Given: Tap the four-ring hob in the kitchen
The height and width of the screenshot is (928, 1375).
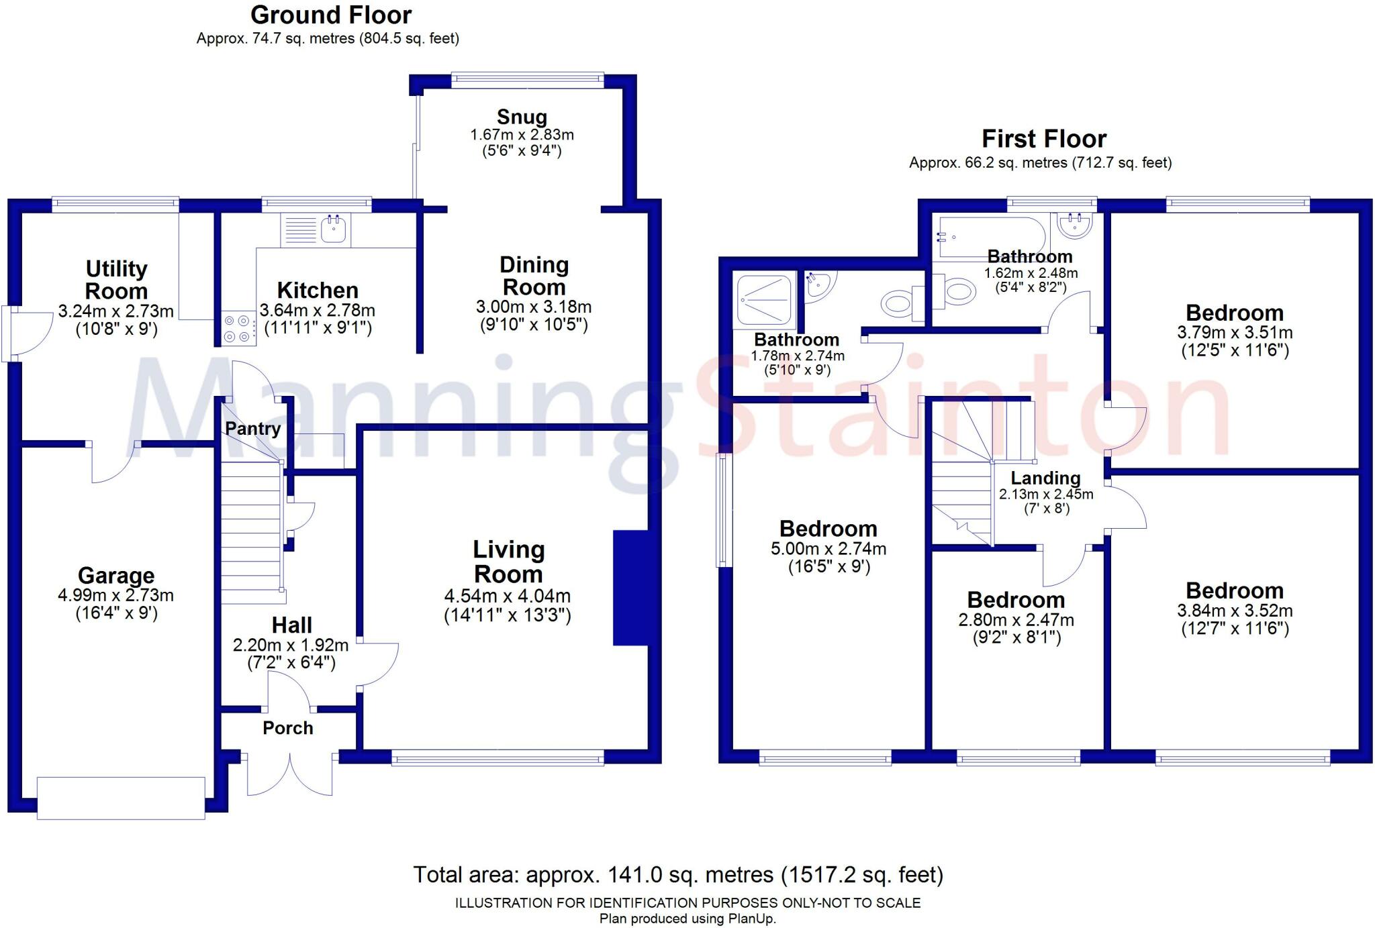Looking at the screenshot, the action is coord(238,329).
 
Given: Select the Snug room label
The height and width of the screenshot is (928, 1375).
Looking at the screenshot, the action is coord(522,117).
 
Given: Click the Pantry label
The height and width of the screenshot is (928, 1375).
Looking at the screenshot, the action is coord(252,428).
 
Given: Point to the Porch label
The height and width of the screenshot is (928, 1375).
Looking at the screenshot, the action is coord(287,728).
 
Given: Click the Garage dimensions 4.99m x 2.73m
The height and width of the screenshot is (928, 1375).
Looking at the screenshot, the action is coord(116,595).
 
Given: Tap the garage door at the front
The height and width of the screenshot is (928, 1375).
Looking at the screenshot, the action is coord(121,798).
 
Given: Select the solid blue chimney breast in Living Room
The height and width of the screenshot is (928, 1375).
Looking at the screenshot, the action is coord(630,588).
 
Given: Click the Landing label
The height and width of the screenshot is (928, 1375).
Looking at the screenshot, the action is coord(1045,478).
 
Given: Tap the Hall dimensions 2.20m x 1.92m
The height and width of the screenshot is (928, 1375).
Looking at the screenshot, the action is coord(290,646).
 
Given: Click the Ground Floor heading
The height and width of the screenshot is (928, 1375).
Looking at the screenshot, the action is coord(331,15).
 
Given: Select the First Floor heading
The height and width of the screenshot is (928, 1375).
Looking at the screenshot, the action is coord(1044,139).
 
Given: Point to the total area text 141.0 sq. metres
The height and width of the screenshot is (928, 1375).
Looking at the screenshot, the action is coord(678,875).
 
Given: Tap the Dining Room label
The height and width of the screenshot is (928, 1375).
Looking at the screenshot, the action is coord(534,276).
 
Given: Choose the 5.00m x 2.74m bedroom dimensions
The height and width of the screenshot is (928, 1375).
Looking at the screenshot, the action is coord(828,549).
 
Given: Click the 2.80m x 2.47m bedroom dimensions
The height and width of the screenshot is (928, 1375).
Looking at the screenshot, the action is coord(1016,620).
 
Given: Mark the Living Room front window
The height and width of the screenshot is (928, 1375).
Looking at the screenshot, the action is coord(497,760).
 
